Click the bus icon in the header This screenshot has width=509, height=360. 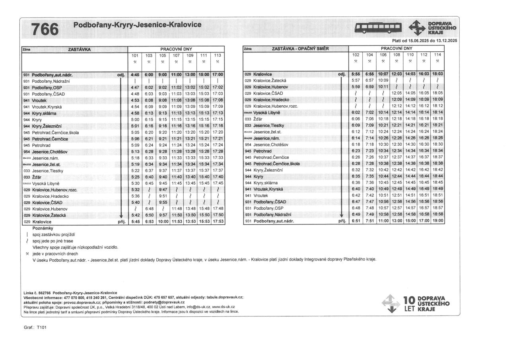pos(379,27)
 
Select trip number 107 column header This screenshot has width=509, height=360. pos(176,55)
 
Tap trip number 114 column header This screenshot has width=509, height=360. pos(437,54)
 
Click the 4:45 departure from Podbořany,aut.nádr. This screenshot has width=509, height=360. pos(135,74)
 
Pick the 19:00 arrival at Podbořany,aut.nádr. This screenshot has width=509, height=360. pos(437,221)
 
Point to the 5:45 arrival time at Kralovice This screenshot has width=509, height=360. pos(135,222)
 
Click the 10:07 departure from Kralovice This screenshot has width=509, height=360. pos(383,74)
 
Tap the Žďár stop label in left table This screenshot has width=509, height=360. pos(37,177)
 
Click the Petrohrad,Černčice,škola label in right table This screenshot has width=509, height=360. pos(277,164)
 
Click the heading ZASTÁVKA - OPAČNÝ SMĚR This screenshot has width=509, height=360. pos(301,49)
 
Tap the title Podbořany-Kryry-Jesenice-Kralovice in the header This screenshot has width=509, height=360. pos(137,25)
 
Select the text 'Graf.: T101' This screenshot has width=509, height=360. pos(35,327)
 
